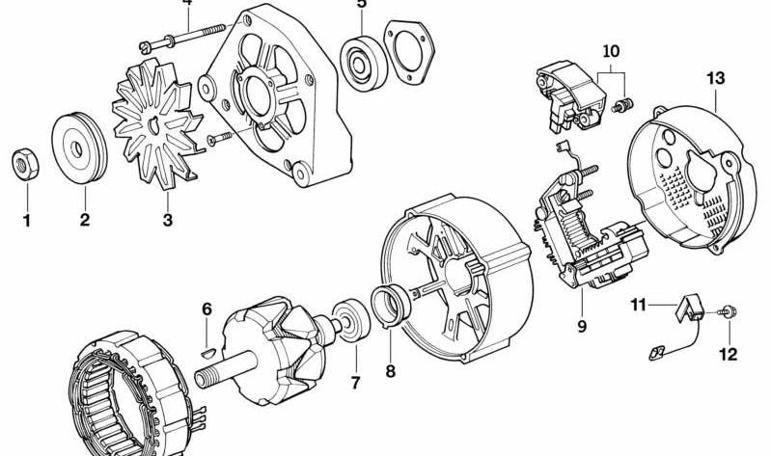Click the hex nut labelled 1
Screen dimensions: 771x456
24,164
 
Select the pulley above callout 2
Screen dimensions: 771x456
79,148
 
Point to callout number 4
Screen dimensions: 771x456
187,3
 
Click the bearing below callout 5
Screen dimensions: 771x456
364,64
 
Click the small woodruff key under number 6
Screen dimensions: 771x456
208,351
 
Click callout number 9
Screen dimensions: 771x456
582,326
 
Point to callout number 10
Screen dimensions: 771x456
611,52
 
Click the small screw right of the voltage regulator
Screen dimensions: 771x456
623,105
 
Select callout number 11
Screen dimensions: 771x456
638,306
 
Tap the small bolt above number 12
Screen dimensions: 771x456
728,310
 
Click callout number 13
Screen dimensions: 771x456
716,78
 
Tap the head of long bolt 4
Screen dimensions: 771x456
145,47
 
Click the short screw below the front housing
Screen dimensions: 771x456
220,138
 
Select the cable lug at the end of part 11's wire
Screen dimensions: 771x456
656,353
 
